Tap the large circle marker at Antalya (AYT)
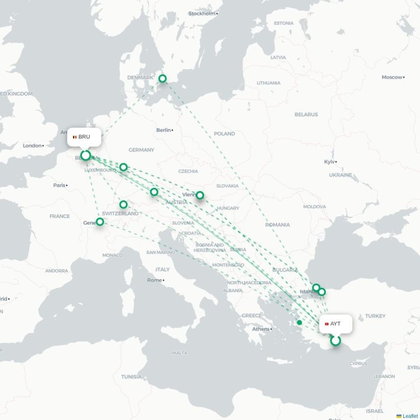coord(335,341)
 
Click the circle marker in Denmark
coord(163,79)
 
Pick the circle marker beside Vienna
coord(200,195)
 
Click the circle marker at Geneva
coord(100,222)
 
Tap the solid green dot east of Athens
coord(299,322)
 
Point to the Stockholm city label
coord(202,14)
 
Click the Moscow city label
coord(392,77)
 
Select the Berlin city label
coord(164,130)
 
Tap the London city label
coord(32,145)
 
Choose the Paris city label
coord(59,185)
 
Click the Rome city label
coord(154,280)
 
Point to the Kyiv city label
coord(330,162)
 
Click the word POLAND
coord(224,134)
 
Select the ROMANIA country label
coord(277,225)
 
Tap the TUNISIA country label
coord(131,376)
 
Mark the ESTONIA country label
coord(283,23)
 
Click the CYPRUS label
coord(359,363)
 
